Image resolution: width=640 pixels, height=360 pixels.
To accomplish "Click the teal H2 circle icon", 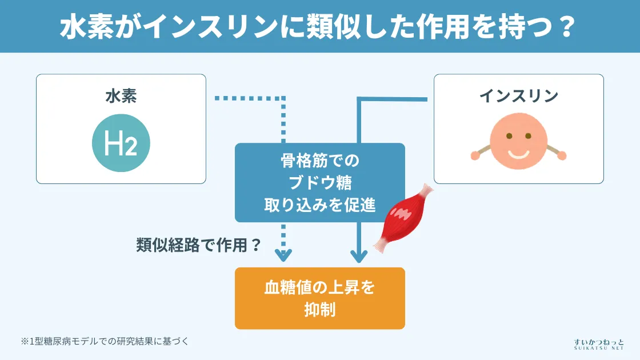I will tap(121, 143).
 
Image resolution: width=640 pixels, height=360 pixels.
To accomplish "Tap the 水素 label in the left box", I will tap(121, 96).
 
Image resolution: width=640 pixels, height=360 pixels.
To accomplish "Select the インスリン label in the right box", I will tap(518, 96).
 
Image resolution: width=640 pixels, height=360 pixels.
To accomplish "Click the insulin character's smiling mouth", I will tap(519, 154).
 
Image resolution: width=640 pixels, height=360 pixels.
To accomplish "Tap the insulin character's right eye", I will tap(528, 136).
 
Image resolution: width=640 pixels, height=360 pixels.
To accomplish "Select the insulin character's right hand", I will tap(562, 155).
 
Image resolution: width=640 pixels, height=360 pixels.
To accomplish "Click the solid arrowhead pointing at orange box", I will tap(358, 255).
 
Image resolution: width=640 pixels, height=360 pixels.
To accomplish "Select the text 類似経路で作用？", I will tap(199, 245).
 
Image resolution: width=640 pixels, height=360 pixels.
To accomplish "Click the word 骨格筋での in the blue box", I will tap(320, 162).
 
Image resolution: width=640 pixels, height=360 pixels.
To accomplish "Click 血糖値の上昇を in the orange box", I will tap(320, 287).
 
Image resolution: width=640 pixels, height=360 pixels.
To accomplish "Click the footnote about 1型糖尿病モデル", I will tap(105, 341).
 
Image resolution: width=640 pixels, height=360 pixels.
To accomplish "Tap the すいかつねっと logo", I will tap(598, 343).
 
